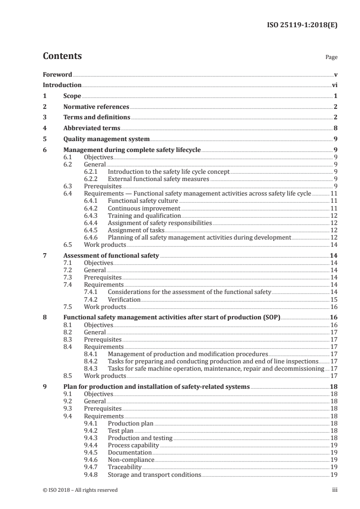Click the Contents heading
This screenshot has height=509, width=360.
click(62, 56)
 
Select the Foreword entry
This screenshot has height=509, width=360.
click(57, 74)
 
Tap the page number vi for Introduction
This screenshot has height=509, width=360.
click(334, 85)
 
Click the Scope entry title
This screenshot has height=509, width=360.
click(72, 96)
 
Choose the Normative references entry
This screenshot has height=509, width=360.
click(96, 107)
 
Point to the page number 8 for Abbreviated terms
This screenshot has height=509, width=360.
click(335, 128)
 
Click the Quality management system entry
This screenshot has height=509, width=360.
click(107, 139)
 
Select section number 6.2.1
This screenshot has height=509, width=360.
click(92, 172)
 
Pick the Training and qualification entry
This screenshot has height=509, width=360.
click(144, 215)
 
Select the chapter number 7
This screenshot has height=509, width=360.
click(44, 255)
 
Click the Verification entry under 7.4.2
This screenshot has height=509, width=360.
click(124, 300)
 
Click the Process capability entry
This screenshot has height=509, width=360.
click(133, 445)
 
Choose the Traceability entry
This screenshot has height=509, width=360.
click(124, 467)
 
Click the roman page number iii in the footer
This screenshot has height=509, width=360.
click(335, 490)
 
